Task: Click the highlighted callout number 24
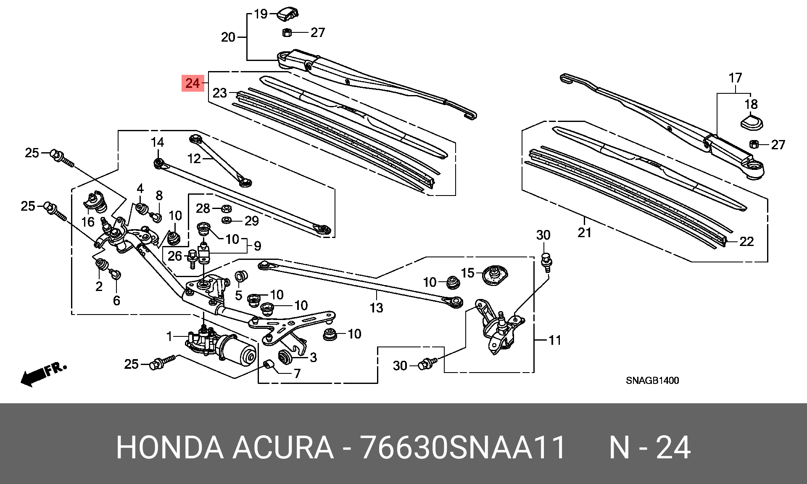[x=193, y=83]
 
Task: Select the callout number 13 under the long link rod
[x=376, y=308]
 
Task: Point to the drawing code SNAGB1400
[x=652, y=381]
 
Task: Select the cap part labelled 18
[x=752, y=122]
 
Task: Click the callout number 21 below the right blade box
[x=584, y=233]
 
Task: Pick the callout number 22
[x=746, y=242]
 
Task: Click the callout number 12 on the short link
[x=195, y=159]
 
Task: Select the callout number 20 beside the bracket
[x=228, y=37]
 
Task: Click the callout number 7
[x=297, y=373]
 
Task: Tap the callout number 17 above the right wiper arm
[x=735, y=78]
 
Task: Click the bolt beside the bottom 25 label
[x=162, y=362]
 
